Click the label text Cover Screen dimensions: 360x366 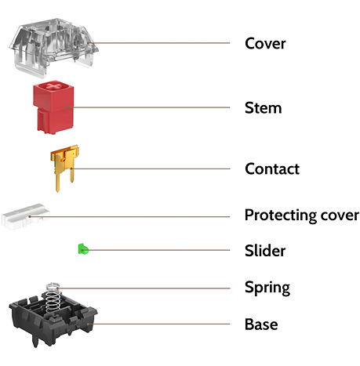265,43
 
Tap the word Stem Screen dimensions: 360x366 263,107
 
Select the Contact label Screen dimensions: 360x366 272,169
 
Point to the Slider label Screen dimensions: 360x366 265,251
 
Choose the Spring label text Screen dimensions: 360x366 267,288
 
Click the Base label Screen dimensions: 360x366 261,324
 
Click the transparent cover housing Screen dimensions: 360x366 54,48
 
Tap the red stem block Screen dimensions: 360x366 53,107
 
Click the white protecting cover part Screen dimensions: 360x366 26,217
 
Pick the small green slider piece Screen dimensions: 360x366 83,249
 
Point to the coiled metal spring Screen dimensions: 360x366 53,298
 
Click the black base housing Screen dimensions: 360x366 53,321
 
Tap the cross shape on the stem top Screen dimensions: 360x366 53,85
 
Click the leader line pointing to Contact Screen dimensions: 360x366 151,169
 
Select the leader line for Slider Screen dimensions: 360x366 156,250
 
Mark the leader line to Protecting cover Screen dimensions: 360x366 129,216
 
